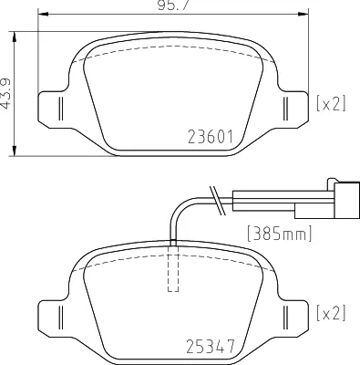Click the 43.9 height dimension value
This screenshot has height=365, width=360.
pyautogui.click(x=7, y=93)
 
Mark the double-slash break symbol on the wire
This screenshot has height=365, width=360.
pyautogui.click(x=216, y=195)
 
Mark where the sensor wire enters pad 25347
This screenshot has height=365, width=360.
pyautogui.click(x=173, y=244)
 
